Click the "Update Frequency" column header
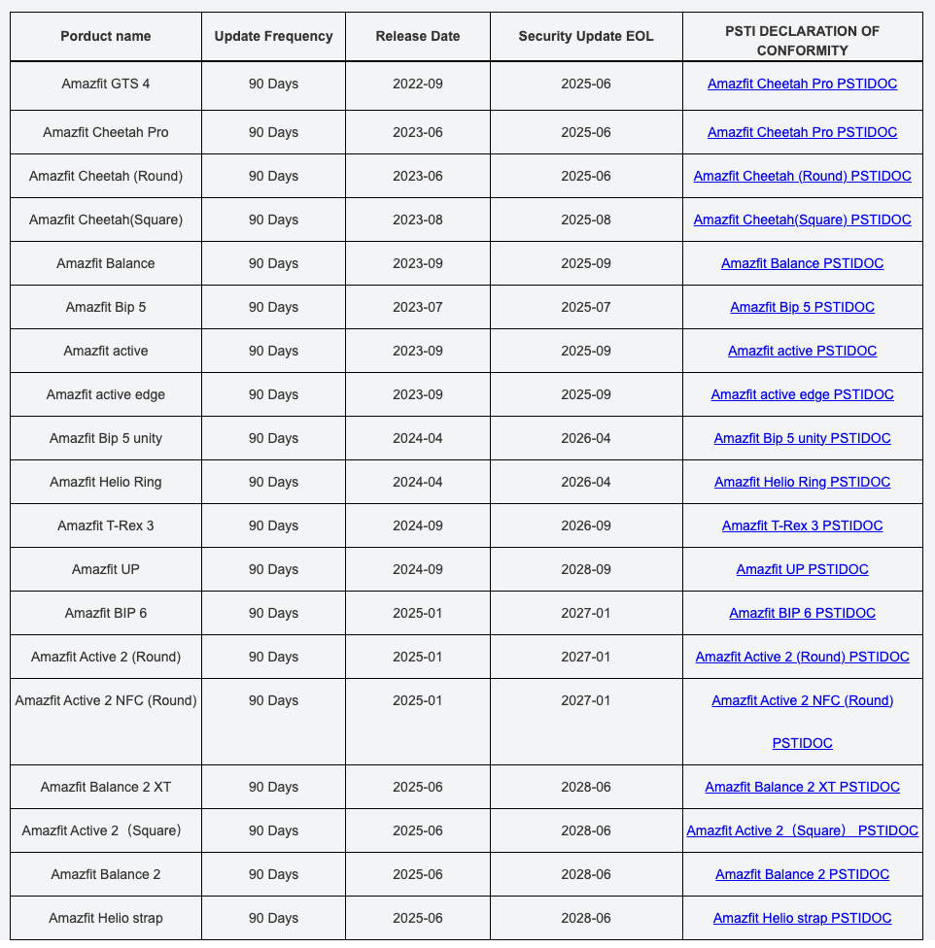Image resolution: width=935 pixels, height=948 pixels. (273, 36)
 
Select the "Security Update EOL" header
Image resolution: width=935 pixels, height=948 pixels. (586, 36)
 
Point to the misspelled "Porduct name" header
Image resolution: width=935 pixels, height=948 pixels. (106, 36)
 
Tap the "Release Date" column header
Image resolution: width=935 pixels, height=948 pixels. (418, 36)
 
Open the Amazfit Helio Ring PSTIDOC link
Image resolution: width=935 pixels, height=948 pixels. (802, 482)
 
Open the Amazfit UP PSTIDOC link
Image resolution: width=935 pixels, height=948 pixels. (802, 569)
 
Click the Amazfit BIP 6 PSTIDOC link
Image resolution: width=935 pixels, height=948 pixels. (802, 613)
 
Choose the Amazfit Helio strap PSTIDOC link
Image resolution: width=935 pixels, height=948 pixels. (802, 918)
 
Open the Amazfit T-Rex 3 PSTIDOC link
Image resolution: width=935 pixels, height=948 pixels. (802, 525)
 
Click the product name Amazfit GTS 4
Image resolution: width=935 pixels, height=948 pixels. (106, 84)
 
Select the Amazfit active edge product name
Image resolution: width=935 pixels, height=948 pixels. (106, 394)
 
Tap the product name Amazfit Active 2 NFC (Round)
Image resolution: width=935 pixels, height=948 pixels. (106, 700)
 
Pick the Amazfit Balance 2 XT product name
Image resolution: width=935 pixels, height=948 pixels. (106, 787)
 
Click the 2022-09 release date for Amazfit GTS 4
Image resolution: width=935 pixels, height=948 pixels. (418, 84)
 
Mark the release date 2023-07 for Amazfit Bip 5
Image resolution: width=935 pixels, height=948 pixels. (418, 307)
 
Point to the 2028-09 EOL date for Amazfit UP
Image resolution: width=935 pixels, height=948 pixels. (586, 569)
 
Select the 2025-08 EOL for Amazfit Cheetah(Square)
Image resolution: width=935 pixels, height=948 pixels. (586, 220)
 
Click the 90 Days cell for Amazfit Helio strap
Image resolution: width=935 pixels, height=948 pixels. (273, 918)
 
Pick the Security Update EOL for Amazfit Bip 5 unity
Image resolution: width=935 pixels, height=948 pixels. (586, 438)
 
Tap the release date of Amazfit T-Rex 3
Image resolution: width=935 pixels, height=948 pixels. (418, 525)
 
